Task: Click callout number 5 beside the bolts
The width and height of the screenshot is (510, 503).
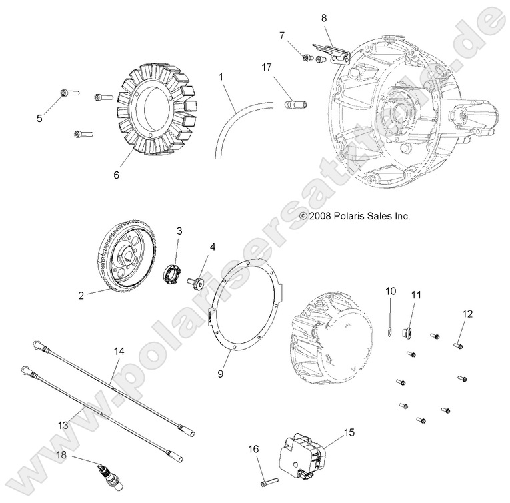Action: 39,118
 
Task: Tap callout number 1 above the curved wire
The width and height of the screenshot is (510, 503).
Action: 221,77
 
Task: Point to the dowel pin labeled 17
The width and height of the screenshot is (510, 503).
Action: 294,105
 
